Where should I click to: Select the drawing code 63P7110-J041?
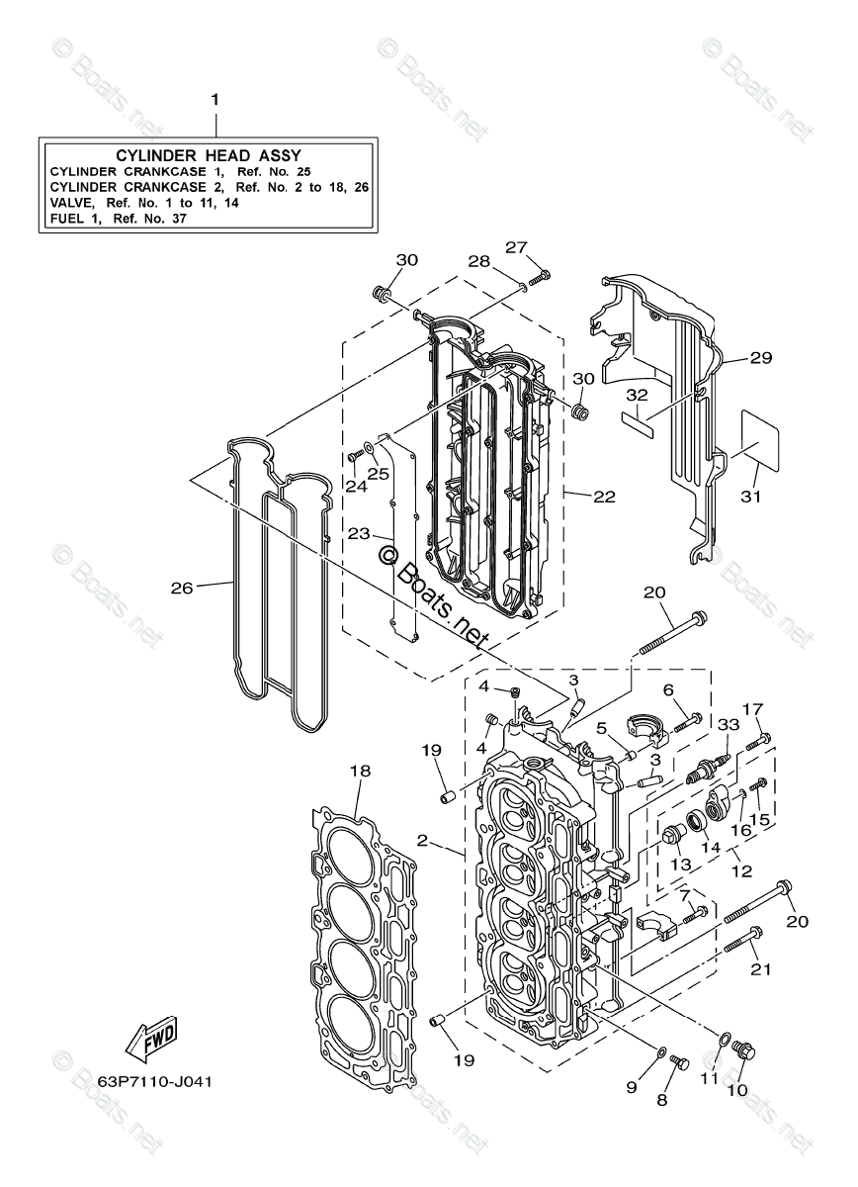155,1079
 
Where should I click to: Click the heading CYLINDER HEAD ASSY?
209,155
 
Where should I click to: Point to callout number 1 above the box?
214,100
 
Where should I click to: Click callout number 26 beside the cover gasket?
181,588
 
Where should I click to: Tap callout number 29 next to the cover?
760,358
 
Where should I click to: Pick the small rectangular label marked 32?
638,417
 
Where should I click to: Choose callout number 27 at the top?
517,246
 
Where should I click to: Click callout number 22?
604,496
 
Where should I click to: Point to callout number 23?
358,533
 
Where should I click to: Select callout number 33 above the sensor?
729,724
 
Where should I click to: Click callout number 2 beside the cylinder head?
422,841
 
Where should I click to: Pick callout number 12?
740,871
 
